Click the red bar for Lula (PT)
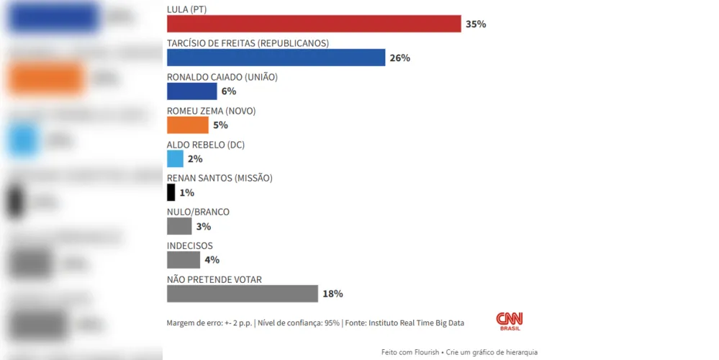coord(314,24)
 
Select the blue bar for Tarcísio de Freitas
coord(276,58)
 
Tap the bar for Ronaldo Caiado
coord(191,91)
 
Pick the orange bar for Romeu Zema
coord(188,125)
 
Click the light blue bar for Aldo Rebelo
coord(175,159)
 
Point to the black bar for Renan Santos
coord(171,193)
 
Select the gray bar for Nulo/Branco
coord(179,226)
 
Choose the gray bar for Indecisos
coord(184,260)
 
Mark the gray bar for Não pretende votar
coord(242,294)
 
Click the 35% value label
coord(476,24)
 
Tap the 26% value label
coord(399,58)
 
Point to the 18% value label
coord(333,294)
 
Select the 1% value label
coord(187,193)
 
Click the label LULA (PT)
coord(191,9)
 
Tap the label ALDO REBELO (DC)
coord(206,145)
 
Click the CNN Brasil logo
coord(510,320)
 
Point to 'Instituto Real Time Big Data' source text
coord(416,323)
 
